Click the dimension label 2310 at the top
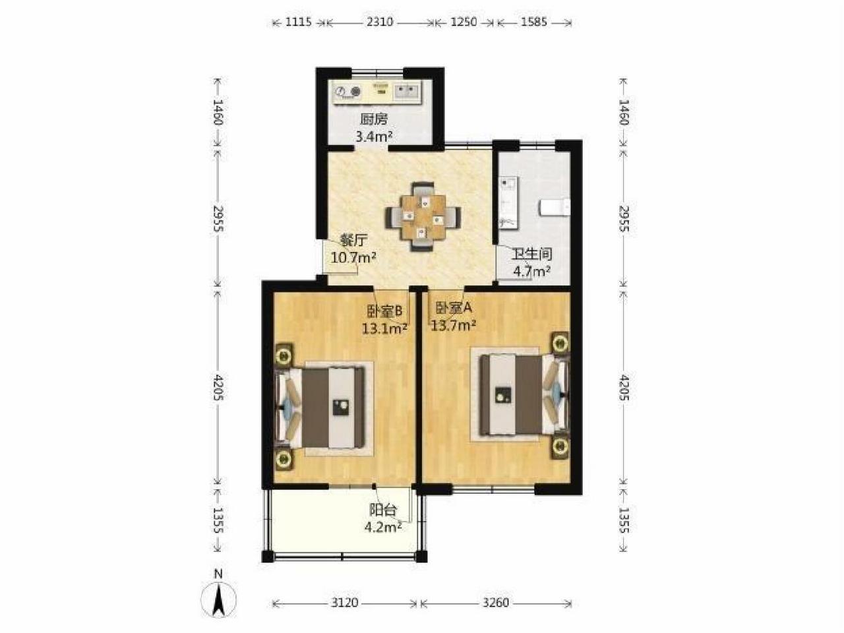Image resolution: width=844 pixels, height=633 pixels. tap(380, 22)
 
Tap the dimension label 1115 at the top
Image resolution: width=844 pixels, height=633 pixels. tap(299, 22)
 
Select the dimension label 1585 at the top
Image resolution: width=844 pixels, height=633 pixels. tap(533, 22)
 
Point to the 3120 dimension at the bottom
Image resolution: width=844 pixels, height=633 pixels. tap(344, 602)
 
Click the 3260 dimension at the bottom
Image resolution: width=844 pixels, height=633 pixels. tap(496, 602)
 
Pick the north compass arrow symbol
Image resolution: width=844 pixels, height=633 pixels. tap(219, 599)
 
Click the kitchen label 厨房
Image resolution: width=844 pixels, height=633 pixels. tap(374, 119)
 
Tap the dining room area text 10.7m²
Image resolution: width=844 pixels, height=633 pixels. tap(353, 257)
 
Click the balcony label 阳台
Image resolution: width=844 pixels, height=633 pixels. tap(383, 510)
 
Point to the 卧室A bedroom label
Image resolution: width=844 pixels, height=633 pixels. tap(454, 307)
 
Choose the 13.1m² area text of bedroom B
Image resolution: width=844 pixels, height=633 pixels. tap(384, 329)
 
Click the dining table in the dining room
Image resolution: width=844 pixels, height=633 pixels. tap(423, 217)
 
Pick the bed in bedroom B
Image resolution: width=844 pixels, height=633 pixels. tap(320, 407)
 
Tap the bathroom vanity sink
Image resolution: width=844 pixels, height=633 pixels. tap(508, 203)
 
